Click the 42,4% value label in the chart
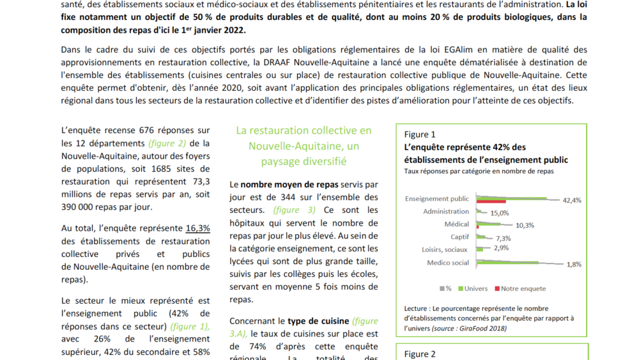click(x=572, y=200)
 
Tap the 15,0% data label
click(x=499, y=213)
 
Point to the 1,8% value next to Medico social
click(x=573, y=264)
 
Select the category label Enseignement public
click(x=437, y=199)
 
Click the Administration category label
click(x=446, y=212)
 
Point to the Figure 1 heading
click(x=420, y=134)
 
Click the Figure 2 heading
click(x=420, y=354)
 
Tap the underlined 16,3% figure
click(x=197, y=228)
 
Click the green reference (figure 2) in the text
click(x=167, y=143)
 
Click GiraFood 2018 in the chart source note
click(x=480, y=328)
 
